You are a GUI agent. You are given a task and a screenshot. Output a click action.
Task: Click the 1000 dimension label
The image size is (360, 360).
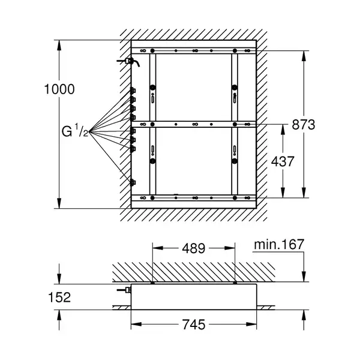(59, 89)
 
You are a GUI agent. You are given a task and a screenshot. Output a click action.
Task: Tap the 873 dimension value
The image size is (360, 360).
(303, 125)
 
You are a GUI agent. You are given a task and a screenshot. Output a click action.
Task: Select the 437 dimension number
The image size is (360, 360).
(283, 161)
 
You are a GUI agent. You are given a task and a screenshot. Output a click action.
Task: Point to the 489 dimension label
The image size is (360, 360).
(194, 248)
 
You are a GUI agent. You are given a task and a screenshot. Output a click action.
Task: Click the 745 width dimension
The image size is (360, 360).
(194, 325)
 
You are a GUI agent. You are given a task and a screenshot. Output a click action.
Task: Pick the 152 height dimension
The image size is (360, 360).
(59, 298)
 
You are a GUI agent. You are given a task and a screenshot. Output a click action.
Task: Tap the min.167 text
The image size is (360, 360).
(279, 244)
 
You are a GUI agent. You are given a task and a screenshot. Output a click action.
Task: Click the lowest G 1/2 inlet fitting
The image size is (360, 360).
(133, 182)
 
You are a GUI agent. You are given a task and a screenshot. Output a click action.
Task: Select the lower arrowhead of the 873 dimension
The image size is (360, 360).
(304, 193)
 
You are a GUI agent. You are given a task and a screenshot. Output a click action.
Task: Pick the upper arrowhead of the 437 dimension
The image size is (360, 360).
(283, 130)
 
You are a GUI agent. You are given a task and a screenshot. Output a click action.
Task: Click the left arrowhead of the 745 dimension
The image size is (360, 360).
(136, 325)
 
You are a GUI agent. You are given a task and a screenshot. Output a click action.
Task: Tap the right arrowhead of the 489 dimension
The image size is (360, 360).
(230, 248)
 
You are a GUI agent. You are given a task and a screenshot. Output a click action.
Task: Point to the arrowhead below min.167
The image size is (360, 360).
(304, 277)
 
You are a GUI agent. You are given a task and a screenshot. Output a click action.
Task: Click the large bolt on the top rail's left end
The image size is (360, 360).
(152, 50)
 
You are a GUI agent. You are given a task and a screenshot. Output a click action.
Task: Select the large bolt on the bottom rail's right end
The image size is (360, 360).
(235, 197)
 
